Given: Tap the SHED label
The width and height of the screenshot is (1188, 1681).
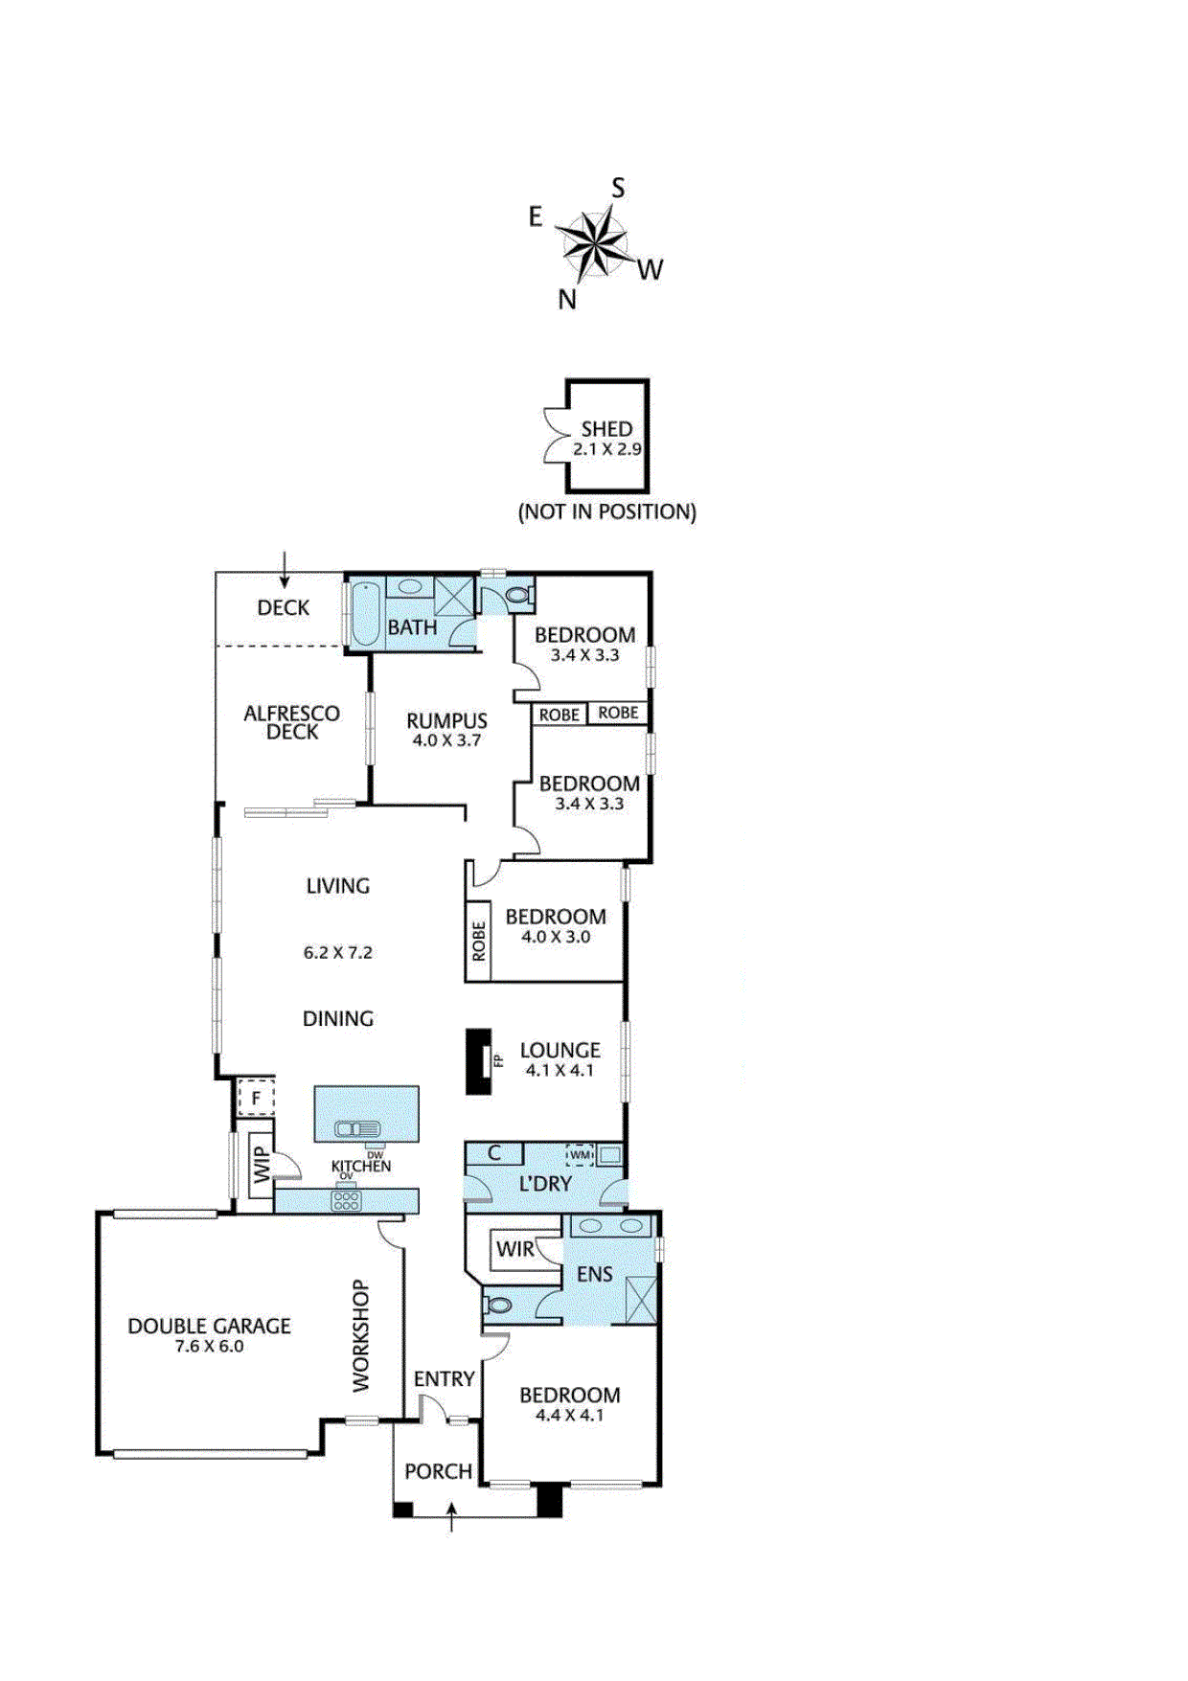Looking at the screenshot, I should pyautogui.click(x=606, y=429).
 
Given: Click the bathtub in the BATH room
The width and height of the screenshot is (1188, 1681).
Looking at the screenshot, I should pyautogui.click(x=365, y=614).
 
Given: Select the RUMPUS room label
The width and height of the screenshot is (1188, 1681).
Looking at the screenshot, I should pyautogui.click(x=446, y=721).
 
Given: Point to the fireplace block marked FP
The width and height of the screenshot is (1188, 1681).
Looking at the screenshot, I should pyautogui.click(x=478, y=1061).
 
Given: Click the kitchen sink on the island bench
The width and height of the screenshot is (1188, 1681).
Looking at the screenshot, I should pyautogui.click(x=357, y=1129).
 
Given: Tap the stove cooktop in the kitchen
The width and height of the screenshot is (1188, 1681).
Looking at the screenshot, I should pyautogui.click(x=346, y=1201).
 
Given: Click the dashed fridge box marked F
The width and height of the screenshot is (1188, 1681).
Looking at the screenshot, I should pyautogui.click(x=256, y=1099).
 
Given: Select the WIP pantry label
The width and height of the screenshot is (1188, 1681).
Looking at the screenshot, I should pyautogui.click(x=262, y=1166).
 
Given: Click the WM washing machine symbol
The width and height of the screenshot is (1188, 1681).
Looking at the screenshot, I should pyautogui.click(x=581, y=1155).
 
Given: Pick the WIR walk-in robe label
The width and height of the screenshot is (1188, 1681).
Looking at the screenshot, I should pyautogui.click(x=514, y=1249).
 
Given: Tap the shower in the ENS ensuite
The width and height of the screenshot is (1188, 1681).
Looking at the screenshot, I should pyautogui.click(x=640, y=1301).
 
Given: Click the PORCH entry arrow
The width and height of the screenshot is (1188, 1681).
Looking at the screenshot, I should pyautogui.click(x=451, y=1516).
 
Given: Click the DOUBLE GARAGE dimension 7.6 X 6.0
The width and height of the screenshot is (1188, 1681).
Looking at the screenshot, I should pyautogui.click(x=209, y=1347).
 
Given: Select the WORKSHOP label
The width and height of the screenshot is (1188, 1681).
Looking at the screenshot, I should pyautogui.click(x=360, y=1335).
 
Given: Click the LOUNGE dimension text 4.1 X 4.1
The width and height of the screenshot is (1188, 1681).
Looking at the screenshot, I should pyautogui.click(x=560, y=1071).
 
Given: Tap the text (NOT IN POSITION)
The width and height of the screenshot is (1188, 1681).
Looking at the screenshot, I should pyautogui.click(x=606, y=512).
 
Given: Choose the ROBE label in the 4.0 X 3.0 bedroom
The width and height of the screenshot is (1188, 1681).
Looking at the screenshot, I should pyautogui.click(x=479, y=942).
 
